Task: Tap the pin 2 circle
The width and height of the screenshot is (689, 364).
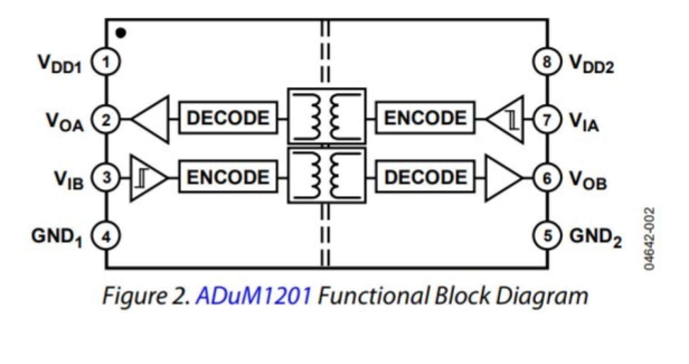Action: coord(106,120)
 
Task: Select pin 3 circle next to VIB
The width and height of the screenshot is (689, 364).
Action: coord(106,178)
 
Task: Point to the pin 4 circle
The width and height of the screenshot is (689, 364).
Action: coord(106,237)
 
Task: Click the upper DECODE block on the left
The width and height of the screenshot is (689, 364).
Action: coord(228,118)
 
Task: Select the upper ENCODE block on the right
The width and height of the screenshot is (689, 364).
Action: coord(425,118)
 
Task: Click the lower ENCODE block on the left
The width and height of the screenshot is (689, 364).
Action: coord(228,177)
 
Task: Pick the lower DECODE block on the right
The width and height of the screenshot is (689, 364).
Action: coord(425,177)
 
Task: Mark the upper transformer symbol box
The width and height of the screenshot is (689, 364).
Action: coord(326,117)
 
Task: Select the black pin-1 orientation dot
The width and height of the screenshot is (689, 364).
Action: coord(121,33)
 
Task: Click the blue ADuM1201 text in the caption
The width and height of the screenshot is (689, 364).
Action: coord(254,296)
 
